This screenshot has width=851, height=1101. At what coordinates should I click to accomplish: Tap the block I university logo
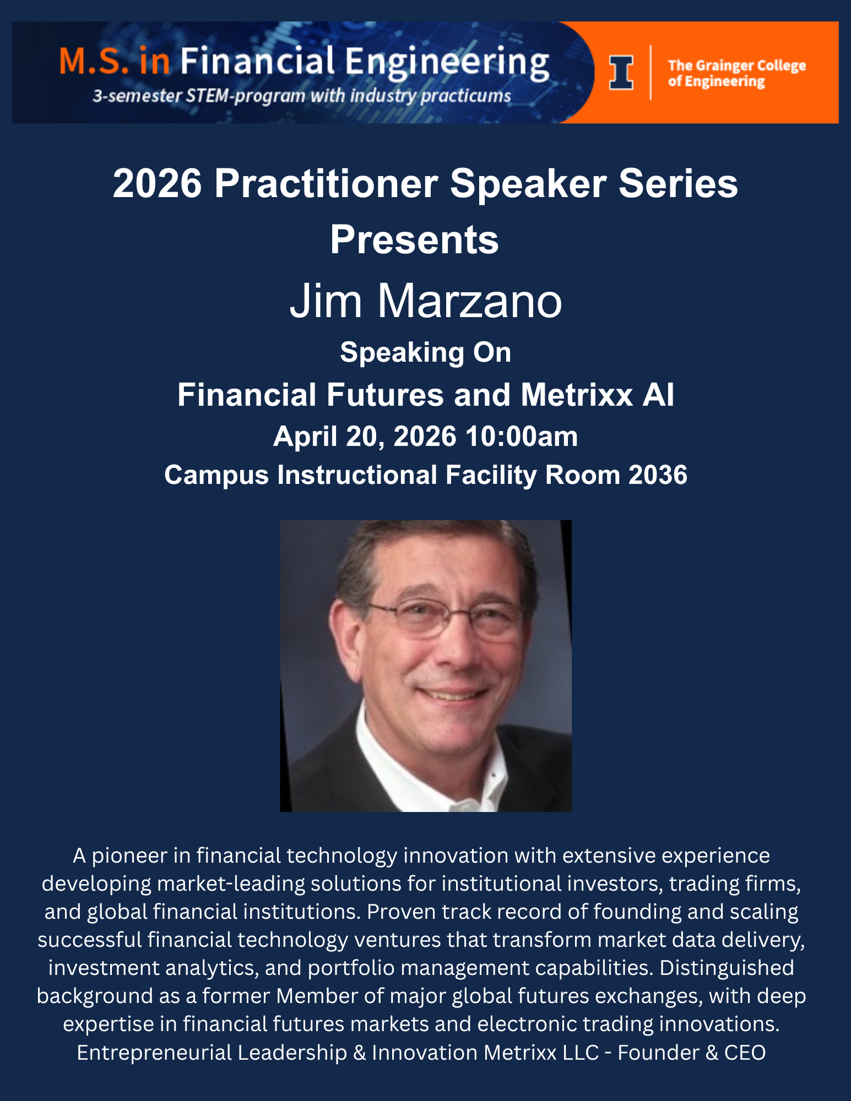click(x=621, y=73)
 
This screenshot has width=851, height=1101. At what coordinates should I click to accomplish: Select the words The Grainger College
click(x=736, y=66)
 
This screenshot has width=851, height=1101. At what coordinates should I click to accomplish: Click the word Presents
click(x=414, y=240)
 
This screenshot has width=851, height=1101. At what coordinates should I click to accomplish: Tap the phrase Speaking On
click(x=426, y=352)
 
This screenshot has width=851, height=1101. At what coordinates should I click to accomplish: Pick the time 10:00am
click(x=522, y=437)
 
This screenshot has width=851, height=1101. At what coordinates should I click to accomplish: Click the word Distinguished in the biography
click(x=727, y=967)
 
